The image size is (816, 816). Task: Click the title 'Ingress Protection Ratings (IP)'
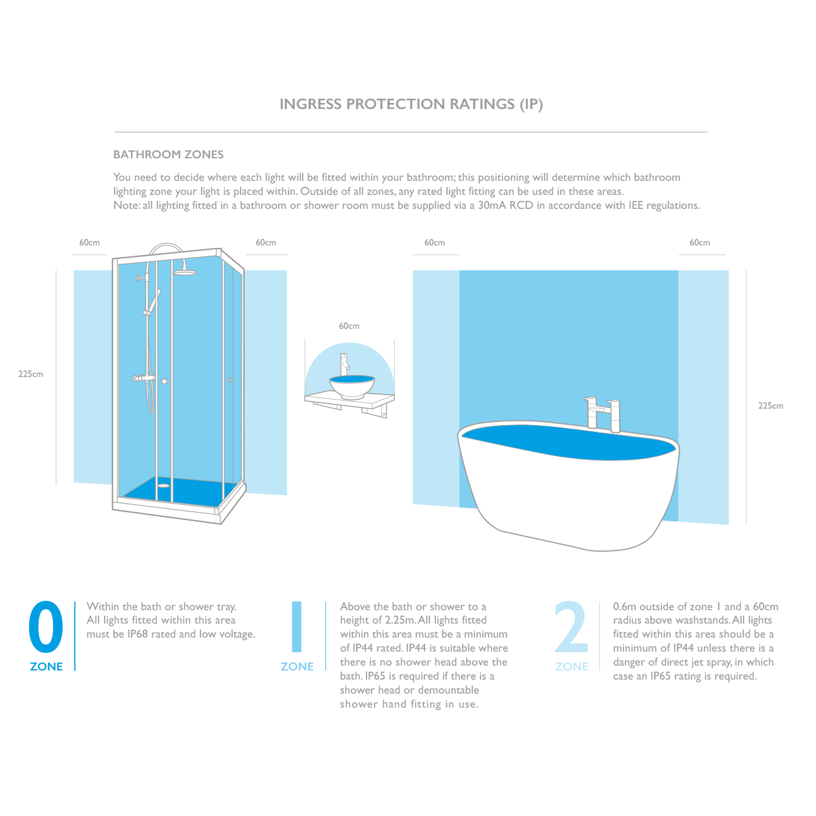[x=411, y=104]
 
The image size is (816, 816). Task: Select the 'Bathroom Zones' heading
[x=168, y=155]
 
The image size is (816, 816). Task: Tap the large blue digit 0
[x=46, y=627]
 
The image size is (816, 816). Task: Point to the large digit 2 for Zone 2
[x=571, y=627]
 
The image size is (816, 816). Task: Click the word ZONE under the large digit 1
[x=297, y=667]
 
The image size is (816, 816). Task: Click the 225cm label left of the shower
[x=30, y=374]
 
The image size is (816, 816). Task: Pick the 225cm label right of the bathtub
[x=770, y=406]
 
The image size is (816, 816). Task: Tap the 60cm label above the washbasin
[x=349, y=326]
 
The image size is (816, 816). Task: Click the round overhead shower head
[x=185, y=272]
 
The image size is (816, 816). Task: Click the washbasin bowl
[x=352, y=387]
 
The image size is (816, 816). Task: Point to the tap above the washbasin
[x=345, y=362]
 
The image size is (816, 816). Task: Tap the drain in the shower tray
[x=163, y=486]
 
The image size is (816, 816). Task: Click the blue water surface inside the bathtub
[x=566, y=442]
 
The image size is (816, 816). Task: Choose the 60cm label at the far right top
[x=700, y=242]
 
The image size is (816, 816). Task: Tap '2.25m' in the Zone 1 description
[x=399, y=620]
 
